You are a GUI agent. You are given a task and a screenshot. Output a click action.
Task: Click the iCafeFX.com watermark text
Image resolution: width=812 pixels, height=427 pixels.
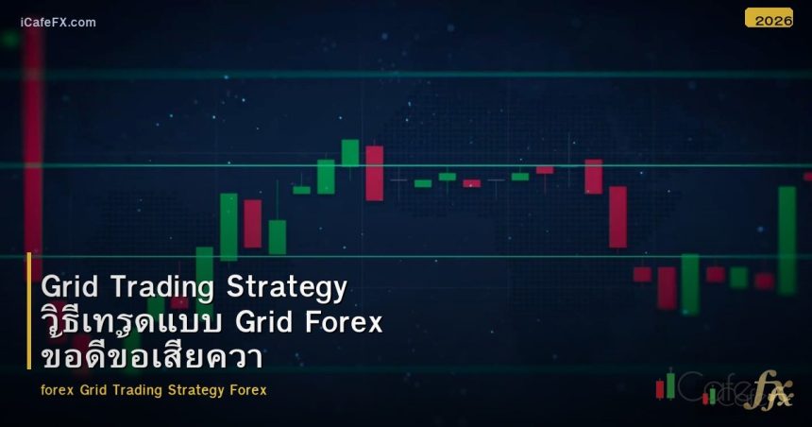[58, 22]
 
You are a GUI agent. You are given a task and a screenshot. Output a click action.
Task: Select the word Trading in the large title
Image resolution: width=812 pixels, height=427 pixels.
[162, 287]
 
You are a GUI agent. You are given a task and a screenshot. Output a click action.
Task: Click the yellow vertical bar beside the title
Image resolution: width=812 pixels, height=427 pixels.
[29, 311]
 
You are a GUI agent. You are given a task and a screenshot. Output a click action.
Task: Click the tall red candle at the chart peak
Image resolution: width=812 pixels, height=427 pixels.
[375, 173]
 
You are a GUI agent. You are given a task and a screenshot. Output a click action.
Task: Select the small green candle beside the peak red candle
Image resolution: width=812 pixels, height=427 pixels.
[350, 153]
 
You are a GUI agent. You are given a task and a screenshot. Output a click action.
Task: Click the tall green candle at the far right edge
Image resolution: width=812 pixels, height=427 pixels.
[787, 240]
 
